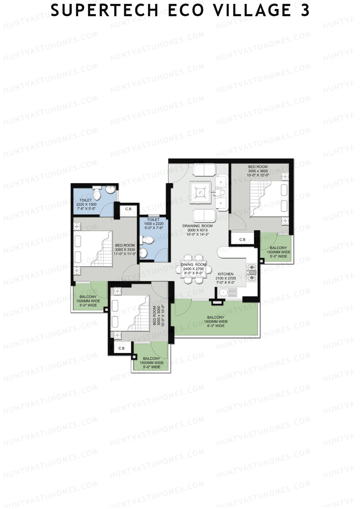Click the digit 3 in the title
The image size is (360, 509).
pyautogui.click(x=305, y=10)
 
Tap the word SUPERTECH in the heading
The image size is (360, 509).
pyautogui.click(x=104, y=10)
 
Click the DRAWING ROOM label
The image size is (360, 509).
pyautogui.click(x=197, y=226)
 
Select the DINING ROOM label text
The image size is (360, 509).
pyautogui.click(x=193, y=265)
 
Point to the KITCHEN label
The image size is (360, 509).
pyautogui.click(x=226, y=274)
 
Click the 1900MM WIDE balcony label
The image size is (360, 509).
pyautogui.click(x=216, y=322)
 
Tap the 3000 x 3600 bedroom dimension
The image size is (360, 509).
pyautogui.click(x=258, y=171)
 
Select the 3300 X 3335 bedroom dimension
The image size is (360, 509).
pyautogui.click(x=125, y=250)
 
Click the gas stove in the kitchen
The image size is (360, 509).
pyautogui.click(x=252, y=272)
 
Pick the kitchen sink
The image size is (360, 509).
pyautogui.click(x=228, y=292)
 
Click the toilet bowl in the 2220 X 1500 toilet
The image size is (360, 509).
pyautogui.click(x=97, y=193)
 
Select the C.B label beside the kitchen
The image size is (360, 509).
pyautogui.click(x=242, y=239)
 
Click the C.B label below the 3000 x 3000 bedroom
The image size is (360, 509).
pyautogui.click(x=121, y=348)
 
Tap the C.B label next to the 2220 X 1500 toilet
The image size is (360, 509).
pyautogui.click(x=128, y=209)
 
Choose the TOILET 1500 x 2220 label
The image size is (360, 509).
pyautogui.click(x=154, y=223)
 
